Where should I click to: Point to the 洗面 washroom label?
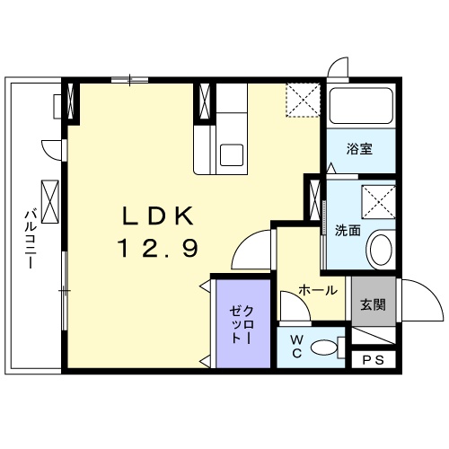pos(348,231)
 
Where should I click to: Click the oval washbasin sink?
pos(380,247)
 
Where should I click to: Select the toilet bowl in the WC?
pos(330,347)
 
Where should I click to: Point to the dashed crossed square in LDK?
pos(303,99)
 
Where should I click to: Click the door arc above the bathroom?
pos(337,69)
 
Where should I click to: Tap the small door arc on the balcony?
pos(53,148)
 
